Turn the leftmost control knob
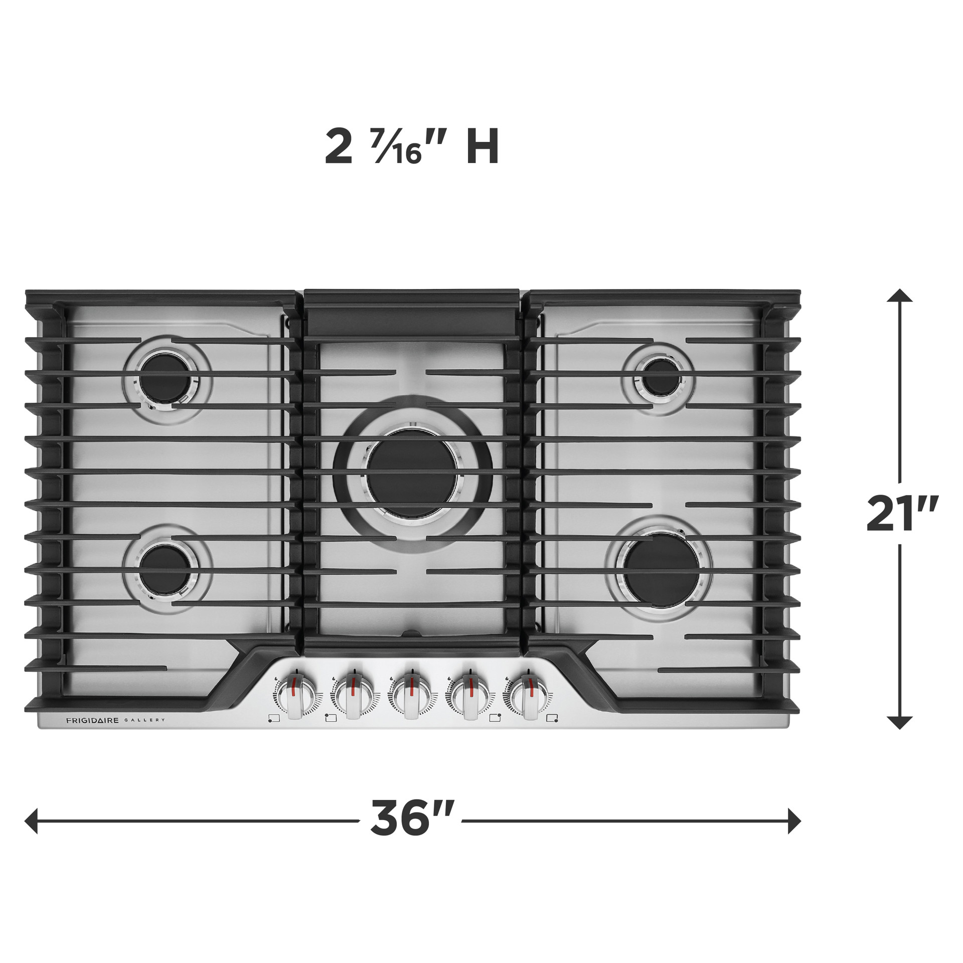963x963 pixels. coord(297,696)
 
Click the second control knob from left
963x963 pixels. coord(354,696)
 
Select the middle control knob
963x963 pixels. coord(411,696)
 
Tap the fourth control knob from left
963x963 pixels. coord(470,696)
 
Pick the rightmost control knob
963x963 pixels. coord(528,696)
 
